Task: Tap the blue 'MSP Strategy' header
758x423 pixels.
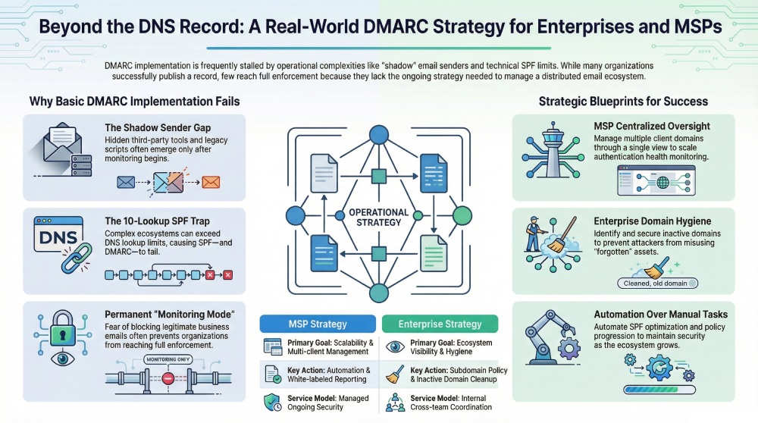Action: [x=318, y=324]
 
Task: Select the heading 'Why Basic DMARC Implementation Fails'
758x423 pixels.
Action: [x=134, y=101]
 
